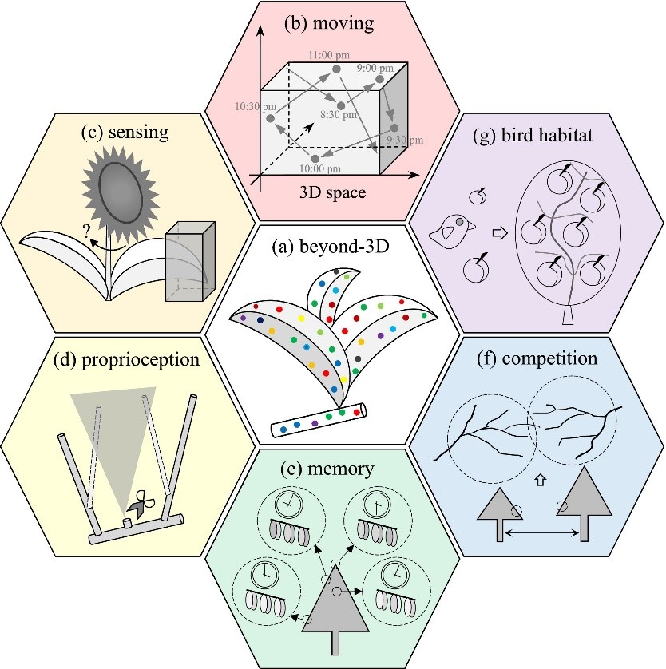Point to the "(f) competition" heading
(x=541, y=358)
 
